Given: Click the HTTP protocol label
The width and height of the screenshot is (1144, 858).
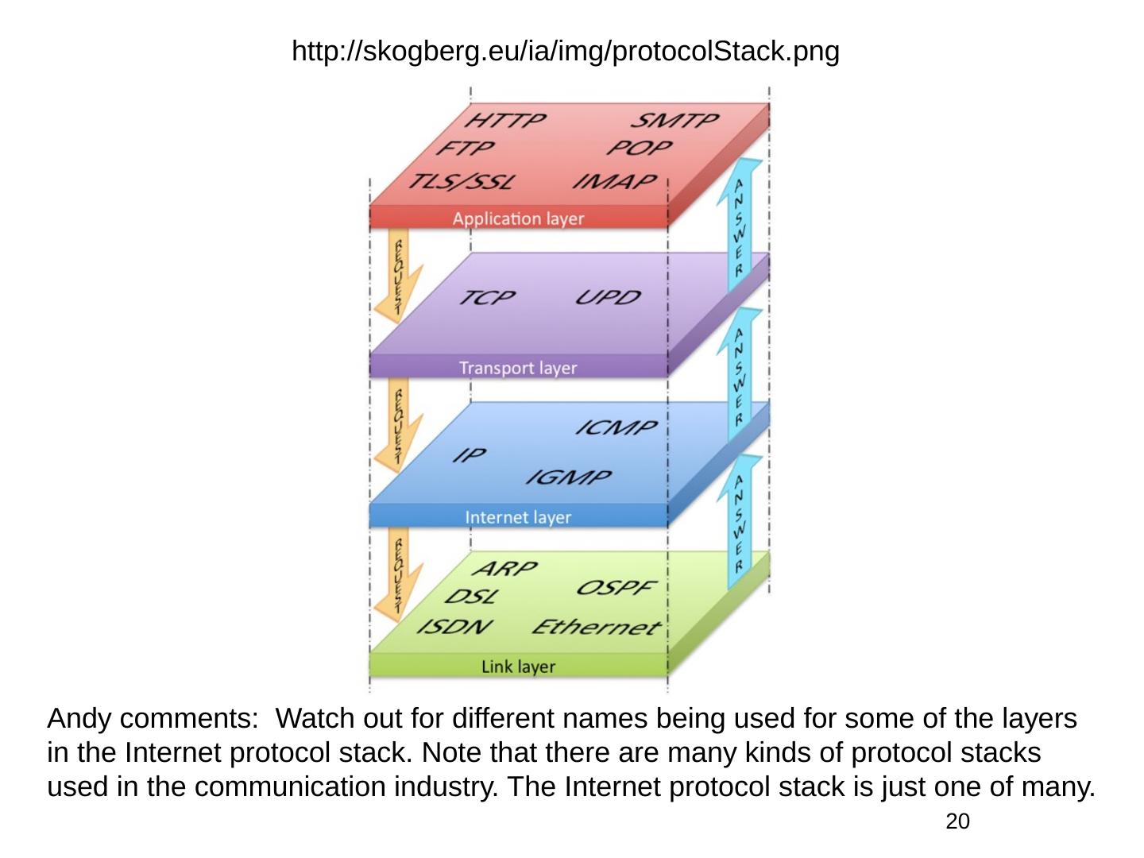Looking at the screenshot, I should (x=504, y=121).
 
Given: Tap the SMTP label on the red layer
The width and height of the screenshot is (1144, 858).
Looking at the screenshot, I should (x=674, y=121).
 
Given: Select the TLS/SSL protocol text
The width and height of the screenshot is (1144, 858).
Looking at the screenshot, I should (x=461, y=182).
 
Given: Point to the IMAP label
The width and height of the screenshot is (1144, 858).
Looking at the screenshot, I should (x=616, y=182).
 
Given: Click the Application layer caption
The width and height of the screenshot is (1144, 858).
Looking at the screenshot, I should (x=518, y=218).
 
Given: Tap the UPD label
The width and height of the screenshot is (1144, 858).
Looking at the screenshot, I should (x=608, y=298).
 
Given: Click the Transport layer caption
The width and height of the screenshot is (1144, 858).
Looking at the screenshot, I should (x=518, y=368).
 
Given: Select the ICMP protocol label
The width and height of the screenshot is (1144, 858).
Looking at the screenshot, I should (x=616, y=428).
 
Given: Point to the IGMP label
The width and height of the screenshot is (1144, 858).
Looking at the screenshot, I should (x=569, y=477).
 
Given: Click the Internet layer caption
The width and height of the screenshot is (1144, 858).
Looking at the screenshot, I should (x=518, y=517).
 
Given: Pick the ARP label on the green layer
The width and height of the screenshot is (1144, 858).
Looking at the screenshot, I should (x=505, y=569).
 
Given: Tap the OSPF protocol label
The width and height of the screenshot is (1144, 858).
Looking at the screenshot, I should (x=616, y=588).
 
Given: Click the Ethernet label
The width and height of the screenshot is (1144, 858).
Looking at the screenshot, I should (x=596, y=628).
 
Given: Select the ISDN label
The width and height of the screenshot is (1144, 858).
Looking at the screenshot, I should (x=455, y=627).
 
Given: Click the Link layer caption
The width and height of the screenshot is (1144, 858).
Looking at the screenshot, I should (x=518, y=667).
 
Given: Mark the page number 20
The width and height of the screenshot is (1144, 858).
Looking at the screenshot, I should (x=958, y=821).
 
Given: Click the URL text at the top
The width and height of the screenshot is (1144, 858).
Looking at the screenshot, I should (x=566, y=52).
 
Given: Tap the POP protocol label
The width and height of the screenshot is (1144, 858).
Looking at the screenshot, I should (x=640, y=149).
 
